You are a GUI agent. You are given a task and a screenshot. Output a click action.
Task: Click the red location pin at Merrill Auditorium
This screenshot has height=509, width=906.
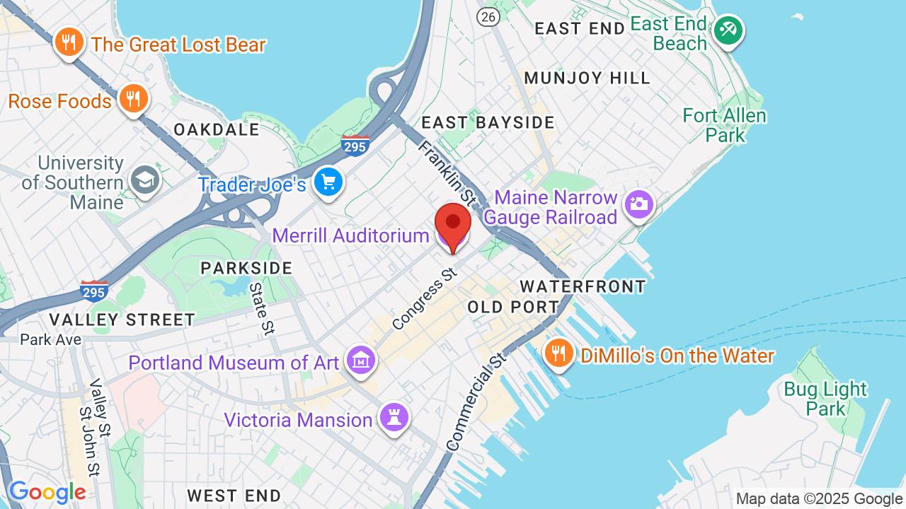(x=453, y=225)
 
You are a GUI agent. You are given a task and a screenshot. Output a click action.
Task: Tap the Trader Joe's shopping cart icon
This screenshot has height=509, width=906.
(x=328, y=182)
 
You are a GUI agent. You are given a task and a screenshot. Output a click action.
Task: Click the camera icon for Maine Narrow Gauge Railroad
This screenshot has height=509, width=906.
(x=639, y=204)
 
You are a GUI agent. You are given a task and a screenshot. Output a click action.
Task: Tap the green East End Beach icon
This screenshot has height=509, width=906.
(x=728, y=30)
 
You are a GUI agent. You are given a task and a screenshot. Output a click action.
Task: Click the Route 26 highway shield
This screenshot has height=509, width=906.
(x=488, y=16)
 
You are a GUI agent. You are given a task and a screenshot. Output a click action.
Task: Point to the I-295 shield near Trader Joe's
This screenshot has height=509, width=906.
(x=355, y=146)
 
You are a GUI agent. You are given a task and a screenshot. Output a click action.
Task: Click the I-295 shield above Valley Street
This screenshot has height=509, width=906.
(x=94, y=291)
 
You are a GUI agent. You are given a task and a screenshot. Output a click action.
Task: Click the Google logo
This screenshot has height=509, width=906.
(x=47, y=493)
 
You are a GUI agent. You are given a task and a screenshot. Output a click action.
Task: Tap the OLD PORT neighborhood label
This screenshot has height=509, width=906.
(x=513, y=307)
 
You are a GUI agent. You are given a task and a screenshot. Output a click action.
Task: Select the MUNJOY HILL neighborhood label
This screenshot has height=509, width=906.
(x=587, y=78)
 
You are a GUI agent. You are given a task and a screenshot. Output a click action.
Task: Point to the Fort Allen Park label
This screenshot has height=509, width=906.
(x=724, y=124)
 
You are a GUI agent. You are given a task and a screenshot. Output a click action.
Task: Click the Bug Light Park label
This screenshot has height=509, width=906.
(x=825, y=399)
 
